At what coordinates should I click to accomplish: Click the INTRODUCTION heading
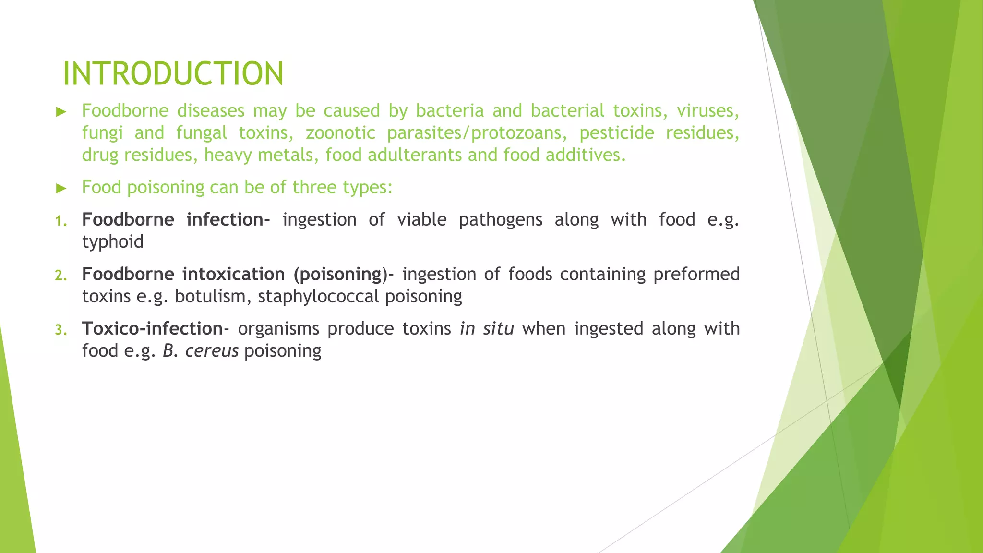173,74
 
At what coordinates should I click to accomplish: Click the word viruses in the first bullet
707,111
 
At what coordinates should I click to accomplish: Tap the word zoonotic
340,133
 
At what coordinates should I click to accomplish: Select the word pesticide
616,133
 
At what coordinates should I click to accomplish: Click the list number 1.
60,221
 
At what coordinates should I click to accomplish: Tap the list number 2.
60,276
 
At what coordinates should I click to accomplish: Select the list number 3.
60,330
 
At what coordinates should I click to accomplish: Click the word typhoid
113,242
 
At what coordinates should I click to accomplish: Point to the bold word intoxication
233,274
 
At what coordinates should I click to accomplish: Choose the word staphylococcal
318,296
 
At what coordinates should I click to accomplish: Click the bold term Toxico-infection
152,329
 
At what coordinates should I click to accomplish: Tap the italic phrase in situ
487,329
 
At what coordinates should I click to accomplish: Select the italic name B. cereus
201,351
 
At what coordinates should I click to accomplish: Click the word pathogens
500,220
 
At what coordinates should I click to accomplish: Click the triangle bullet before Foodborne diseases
60,112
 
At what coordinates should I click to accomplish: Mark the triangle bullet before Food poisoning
60,188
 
